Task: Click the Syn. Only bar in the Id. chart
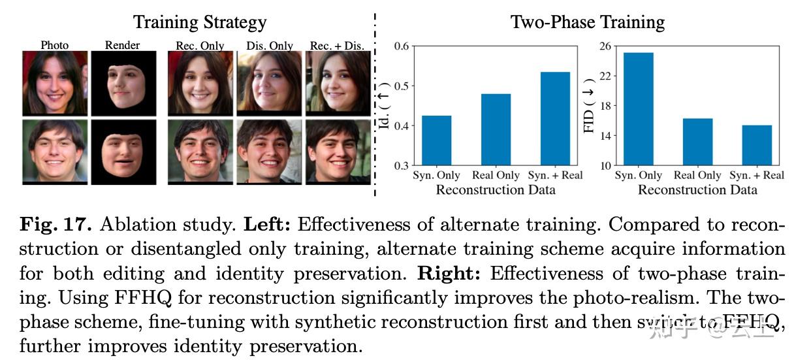coord(436,140)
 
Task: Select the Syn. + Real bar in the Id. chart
coord(555,118)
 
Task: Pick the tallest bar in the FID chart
coord(638,108)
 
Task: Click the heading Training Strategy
coord(200,22)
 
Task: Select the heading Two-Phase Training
coord(587,22)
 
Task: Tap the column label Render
coord(123,46)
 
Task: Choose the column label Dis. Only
coord(269,46)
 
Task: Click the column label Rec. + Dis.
coord(338,46)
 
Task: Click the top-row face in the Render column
coord(123,83)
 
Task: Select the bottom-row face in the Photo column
coord(54,151)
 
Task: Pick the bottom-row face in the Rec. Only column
coord(200,151)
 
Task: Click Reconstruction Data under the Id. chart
coord(496,190)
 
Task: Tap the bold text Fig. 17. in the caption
coord(57,225)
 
